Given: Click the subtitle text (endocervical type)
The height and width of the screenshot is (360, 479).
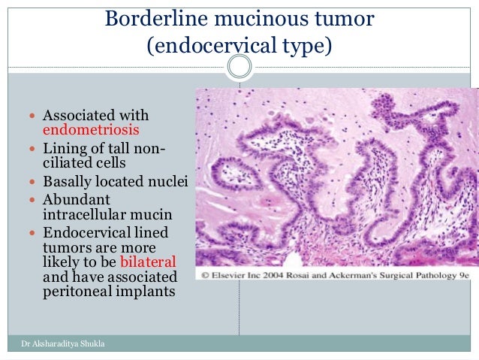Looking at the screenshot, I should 239,46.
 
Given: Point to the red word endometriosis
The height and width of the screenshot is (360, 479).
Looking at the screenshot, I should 86,129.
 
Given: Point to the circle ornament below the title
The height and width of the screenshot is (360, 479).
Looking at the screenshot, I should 239,68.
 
